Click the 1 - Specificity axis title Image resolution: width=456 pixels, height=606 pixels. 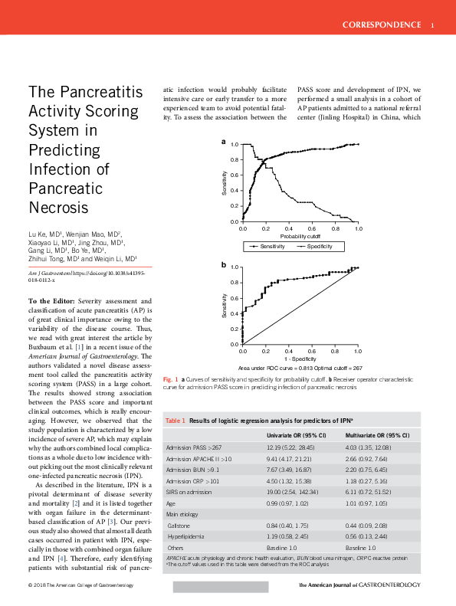[300, 359]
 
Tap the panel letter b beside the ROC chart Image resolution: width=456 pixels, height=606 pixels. [224, 265]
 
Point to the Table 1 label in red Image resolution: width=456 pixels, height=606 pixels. [176, 421]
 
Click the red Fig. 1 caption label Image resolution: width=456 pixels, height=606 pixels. [171, 379]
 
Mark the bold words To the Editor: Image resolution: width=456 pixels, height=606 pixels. [51, 301]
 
